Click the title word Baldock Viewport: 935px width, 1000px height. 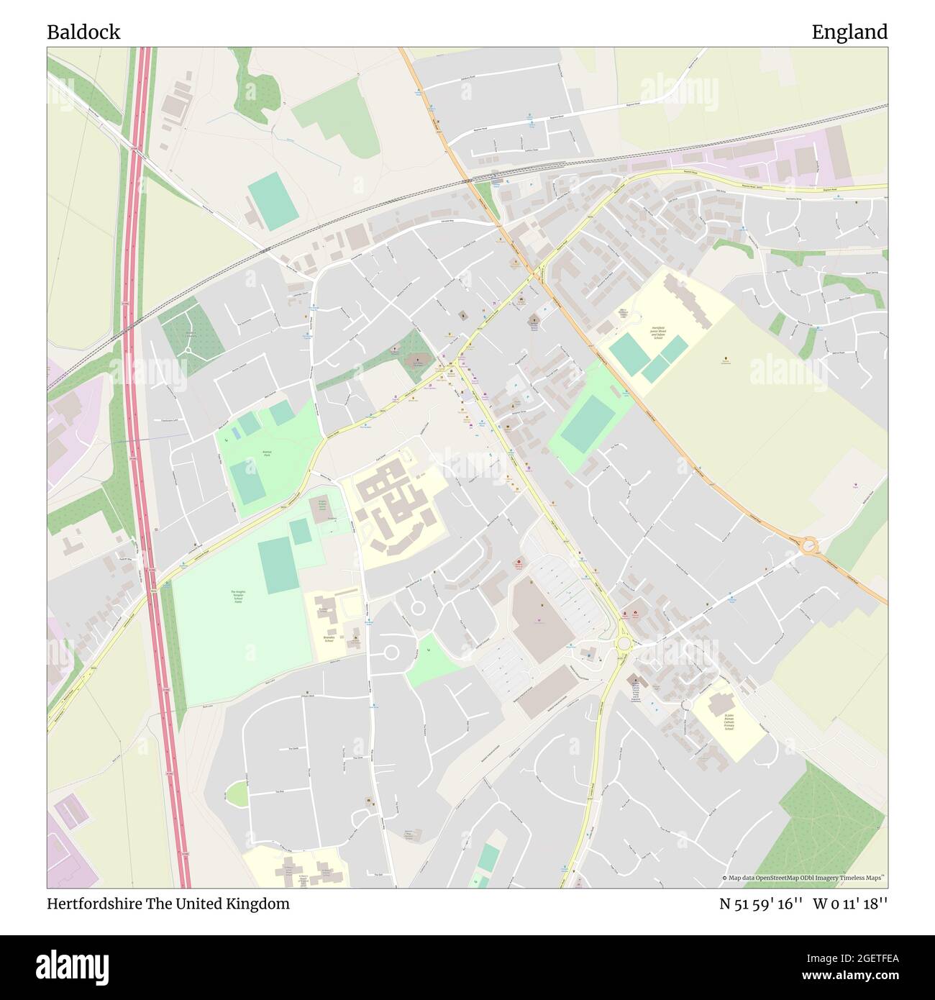[83, 32]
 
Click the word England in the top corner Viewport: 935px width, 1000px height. [849, 32]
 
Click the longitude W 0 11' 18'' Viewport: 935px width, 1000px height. [850, 904]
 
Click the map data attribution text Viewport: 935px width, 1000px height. [804, 878]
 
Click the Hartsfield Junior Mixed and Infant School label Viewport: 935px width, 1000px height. [657, 332]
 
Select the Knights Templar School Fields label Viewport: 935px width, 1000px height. [237, 596]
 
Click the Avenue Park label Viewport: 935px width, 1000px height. [266, 455]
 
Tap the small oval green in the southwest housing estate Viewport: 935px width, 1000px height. [237, 794]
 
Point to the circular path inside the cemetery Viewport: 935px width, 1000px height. [189, 350]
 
